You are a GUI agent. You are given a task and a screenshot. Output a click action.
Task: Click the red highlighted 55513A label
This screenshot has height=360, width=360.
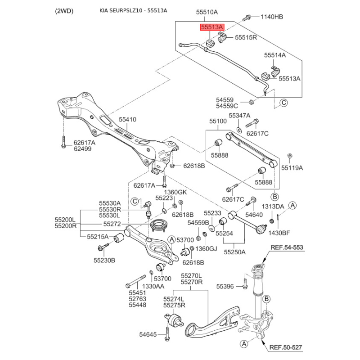[x=212, y=27]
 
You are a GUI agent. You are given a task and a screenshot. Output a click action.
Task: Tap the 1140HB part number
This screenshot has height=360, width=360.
[x=272, y=17]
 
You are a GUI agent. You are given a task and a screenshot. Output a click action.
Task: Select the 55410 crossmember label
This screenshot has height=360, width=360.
[x=127, y=119]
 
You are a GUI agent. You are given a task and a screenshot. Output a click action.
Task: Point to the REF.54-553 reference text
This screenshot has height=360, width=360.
[x=287, y=247]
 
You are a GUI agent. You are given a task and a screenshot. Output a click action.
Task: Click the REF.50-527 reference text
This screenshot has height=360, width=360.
[x=286, y=347]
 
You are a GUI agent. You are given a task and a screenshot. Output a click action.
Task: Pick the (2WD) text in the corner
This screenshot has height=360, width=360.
[x=64, y=11]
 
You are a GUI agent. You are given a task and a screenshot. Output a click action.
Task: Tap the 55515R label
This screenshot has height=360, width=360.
[x=246, y=37]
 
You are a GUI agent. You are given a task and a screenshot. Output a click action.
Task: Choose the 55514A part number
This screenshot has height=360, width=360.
[x=275, y=55]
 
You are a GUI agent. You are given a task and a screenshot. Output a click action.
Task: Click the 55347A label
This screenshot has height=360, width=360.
[x=239, y=116]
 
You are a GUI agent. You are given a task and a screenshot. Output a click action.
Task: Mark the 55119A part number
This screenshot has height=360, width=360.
[x=292, y=168]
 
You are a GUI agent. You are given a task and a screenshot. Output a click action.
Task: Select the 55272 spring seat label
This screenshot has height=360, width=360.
[x=112, y=224]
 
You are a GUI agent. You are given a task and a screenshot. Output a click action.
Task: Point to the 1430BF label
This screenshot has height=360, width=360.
[x=279, y=233]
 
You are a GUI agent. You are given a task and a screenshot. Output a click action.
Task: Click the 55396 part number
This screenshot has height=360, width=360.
[x=225, y=286]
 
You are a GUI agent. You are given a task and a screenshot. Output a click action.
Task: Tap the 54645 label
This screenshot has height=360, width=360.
[x=148, y=334]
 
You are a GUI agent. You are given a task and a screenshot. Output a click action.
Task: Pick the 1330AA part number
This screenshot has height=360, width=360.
[x=153, y=286]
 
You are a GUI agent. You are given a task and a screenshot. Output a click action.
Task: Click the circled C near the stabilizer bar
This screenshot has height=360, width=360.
[x=284, y=103]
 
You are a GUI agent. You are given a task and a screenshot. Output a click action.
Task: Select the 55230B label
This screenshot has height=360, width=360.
[x=104, y=261]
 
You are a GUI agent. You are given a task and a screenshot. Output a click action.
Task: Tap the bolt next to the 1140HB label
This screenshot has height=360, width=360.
[x=247, y=18]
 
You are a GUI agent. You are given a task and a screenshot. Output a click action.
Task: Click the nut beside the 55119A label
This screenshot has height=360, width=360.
[x=290, y=156]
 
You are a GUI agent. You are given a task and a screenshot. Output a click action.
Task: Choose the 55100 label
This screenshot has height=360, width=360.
[x=218, y=121]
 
